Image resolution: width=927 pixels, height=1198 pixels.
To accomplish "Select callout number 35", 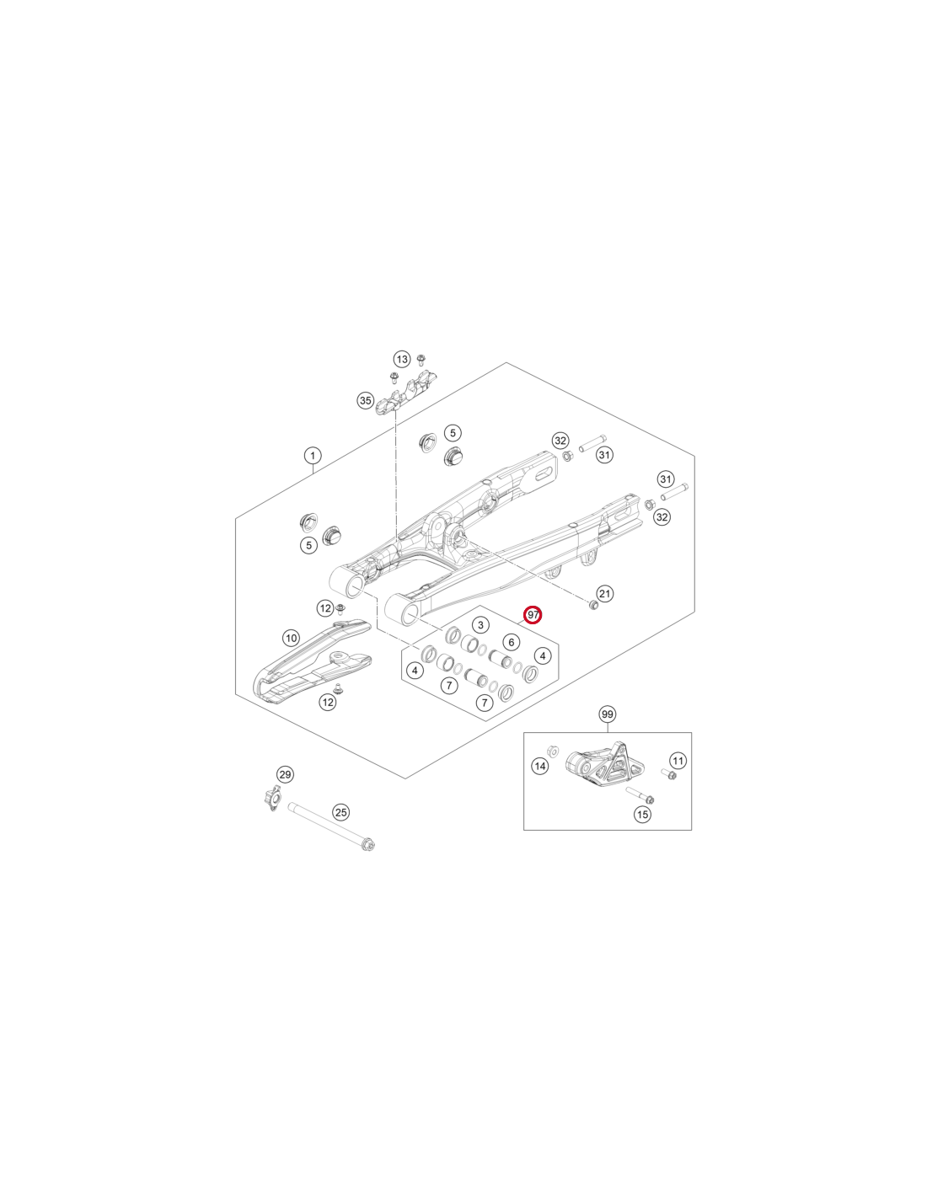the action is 365,400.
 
